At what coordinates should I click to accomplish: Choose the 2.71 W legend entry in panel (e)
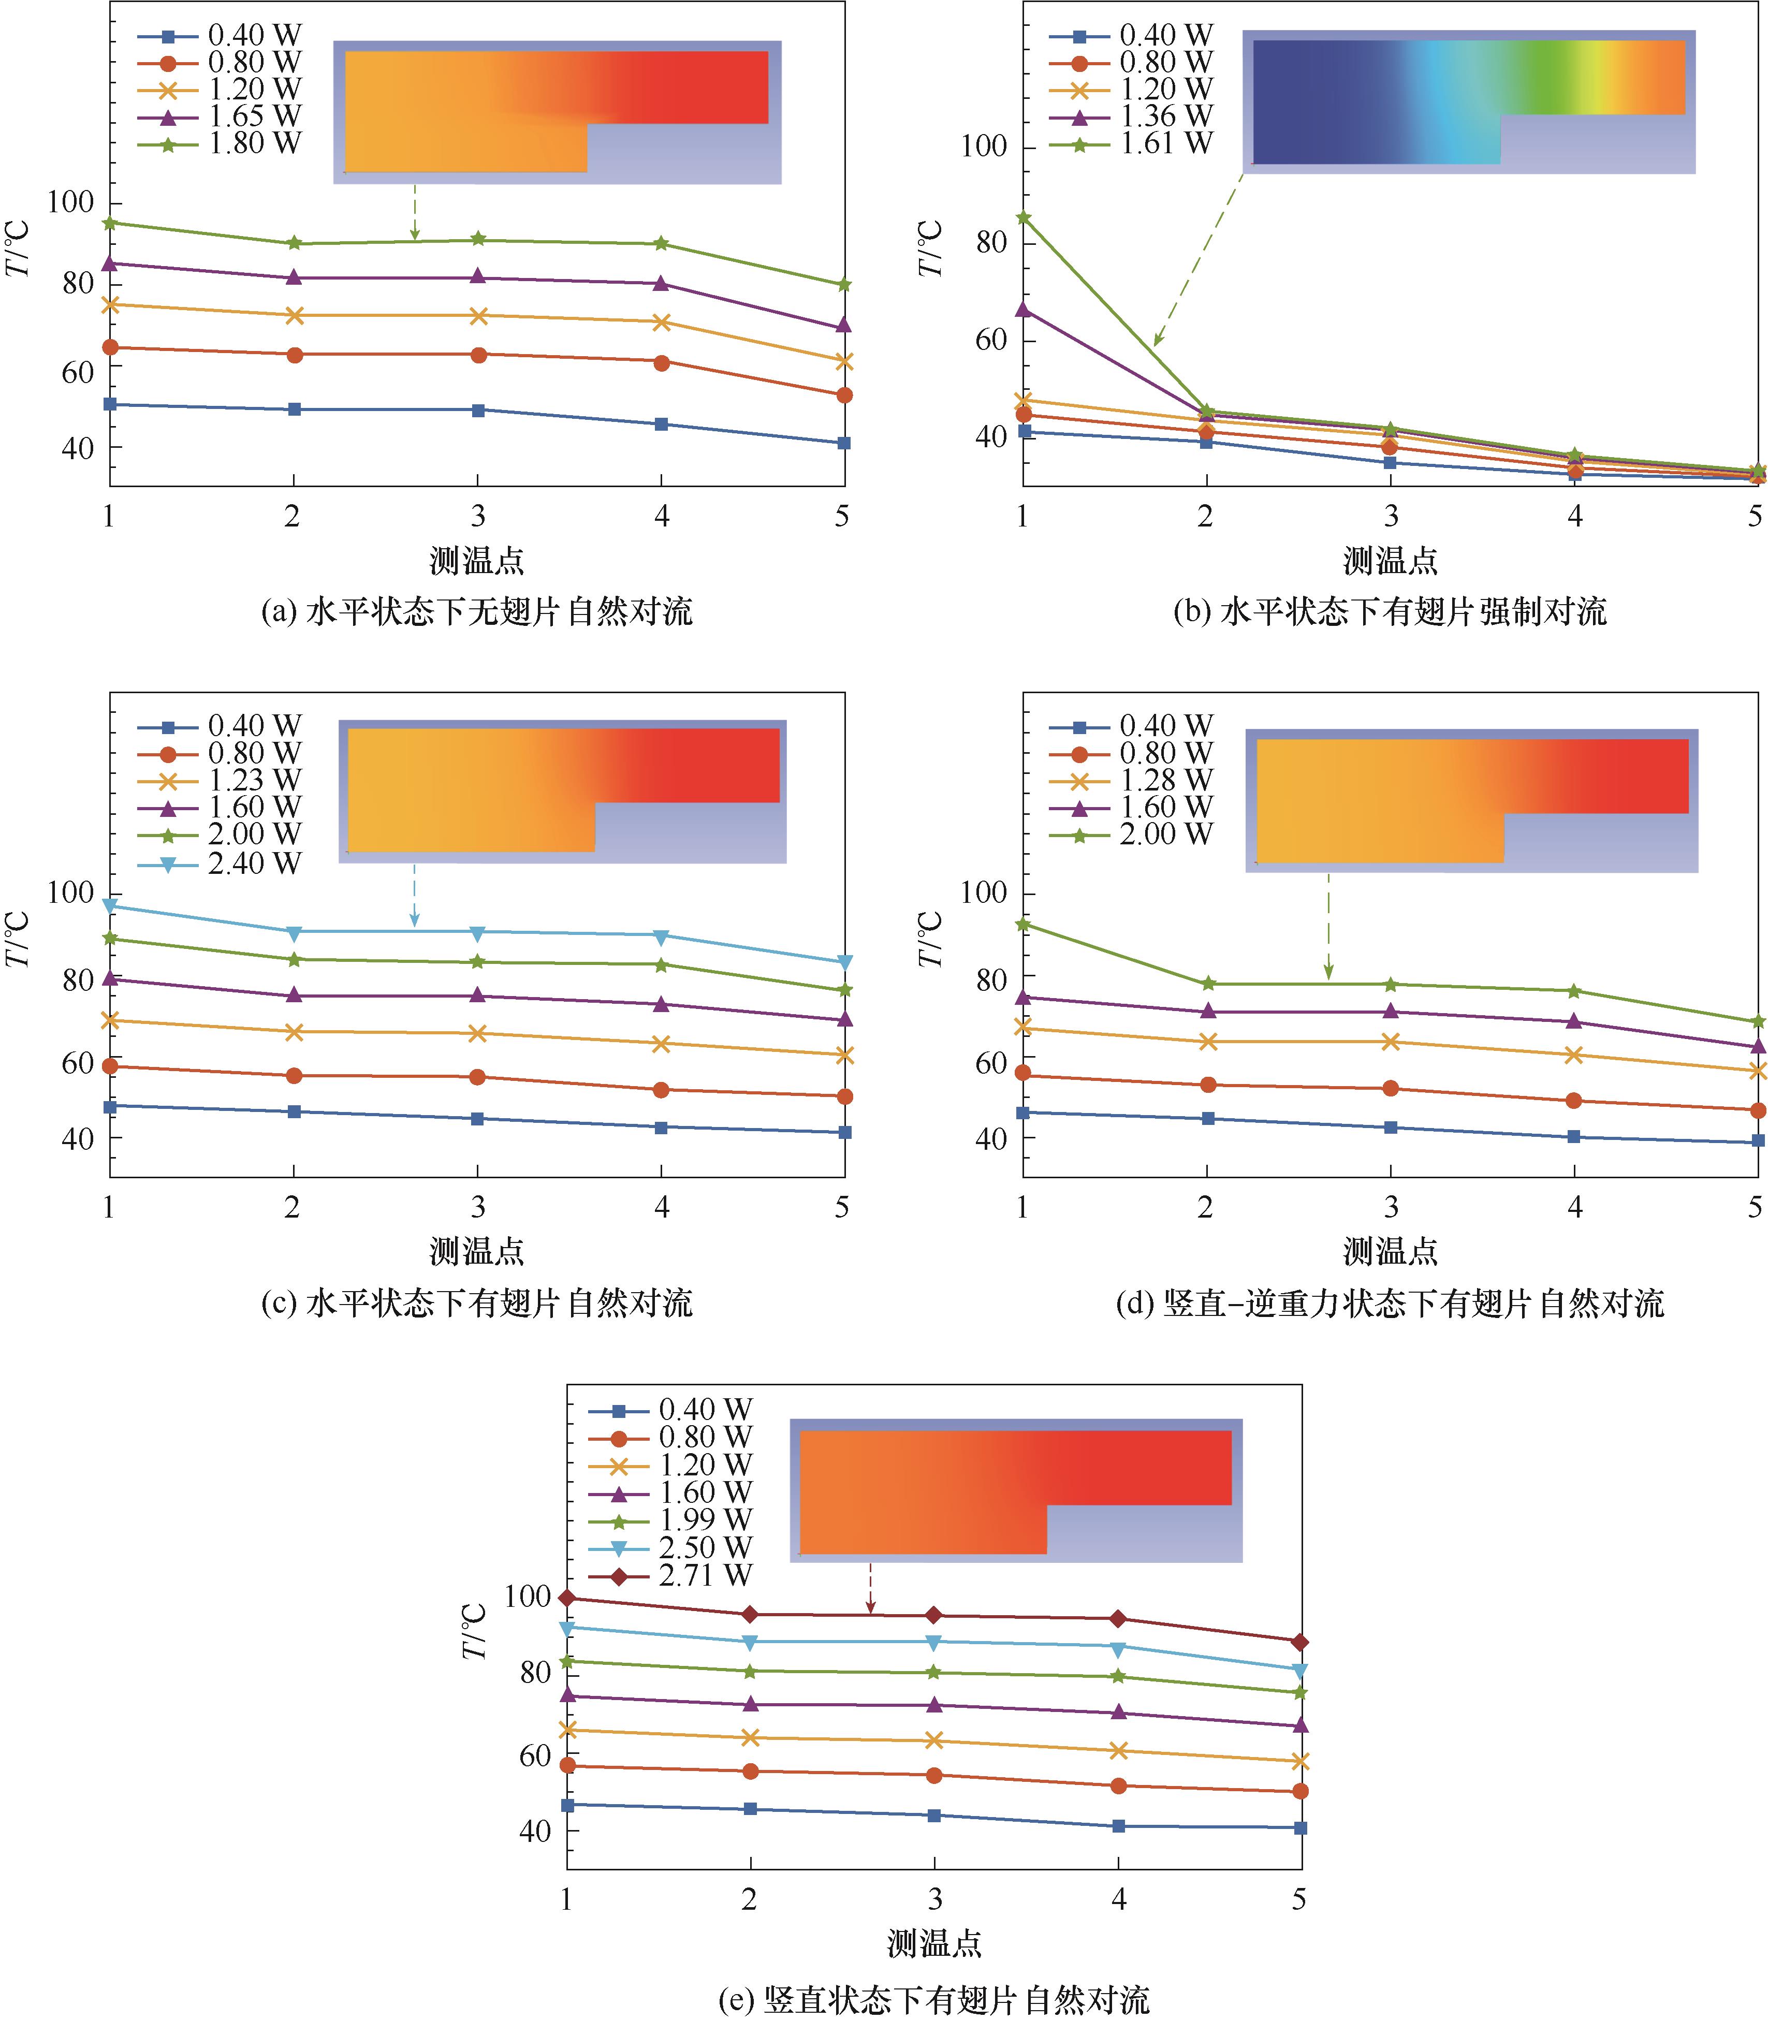[705, 1575]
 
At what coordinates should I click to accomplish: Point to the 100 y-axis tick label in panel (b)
[984, 147]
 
